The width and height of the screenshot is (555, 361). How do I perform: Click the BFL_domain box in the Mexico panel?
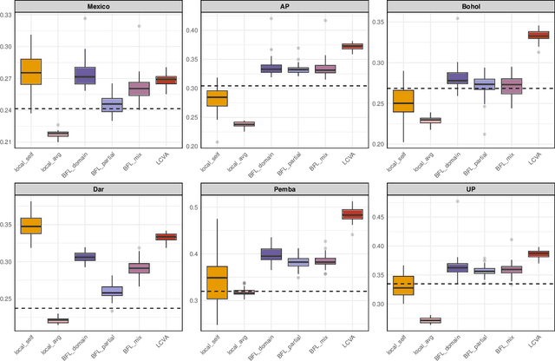[85, 75]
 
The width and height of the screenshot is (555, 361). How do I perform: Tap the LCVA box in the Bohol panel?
[539, 35]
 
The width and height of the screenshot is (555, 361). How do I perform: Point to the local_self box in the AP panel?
[217, 98]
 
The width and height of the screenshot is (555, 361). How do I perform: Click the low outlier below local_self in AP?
[217, 141]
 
